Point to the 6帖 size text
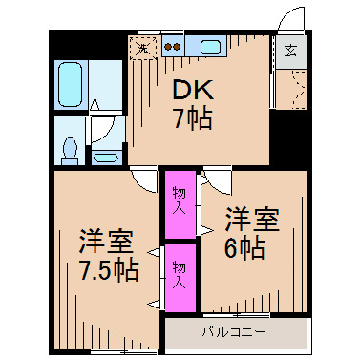click(x=245, y=250)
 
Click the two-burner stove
click(x=172, y=45)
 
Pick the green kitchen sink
click(x=209, y=45)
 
